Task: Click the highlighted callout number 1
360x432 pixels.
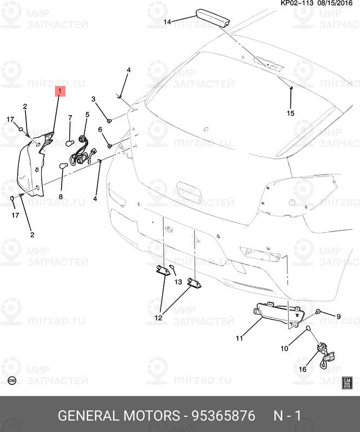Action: coord(60,91)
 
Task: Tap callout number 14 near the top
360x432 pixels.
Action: coord(167,22)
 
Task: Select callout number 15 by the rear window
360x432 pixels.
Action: coord(290,113)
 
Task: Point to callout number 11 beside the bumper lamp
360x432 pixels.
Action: coord(239,338)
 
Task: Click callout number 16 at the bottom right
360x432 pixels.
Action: coord(302,369)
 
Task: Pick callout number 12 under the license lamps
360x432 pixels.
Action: coord(158,318)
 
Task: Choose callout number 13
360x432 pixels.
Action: coord(178,282)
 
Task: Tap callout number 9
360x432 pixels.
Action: coord(338,316)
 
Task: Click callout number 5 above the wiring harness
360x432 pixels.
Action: coord(86,115)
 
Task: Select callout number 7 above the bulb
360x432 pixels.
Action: coord(70,118)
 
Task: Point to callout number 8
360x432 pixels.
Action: coord(61,197)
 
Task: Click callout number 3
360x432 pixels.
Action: coord(93,99)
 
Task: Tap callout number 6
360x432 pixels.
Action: coord(100,130)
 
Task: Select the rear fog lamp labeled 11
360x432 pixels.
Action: coord(276,314)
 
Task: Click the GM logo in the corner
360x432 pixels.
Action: coord(348,383)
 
